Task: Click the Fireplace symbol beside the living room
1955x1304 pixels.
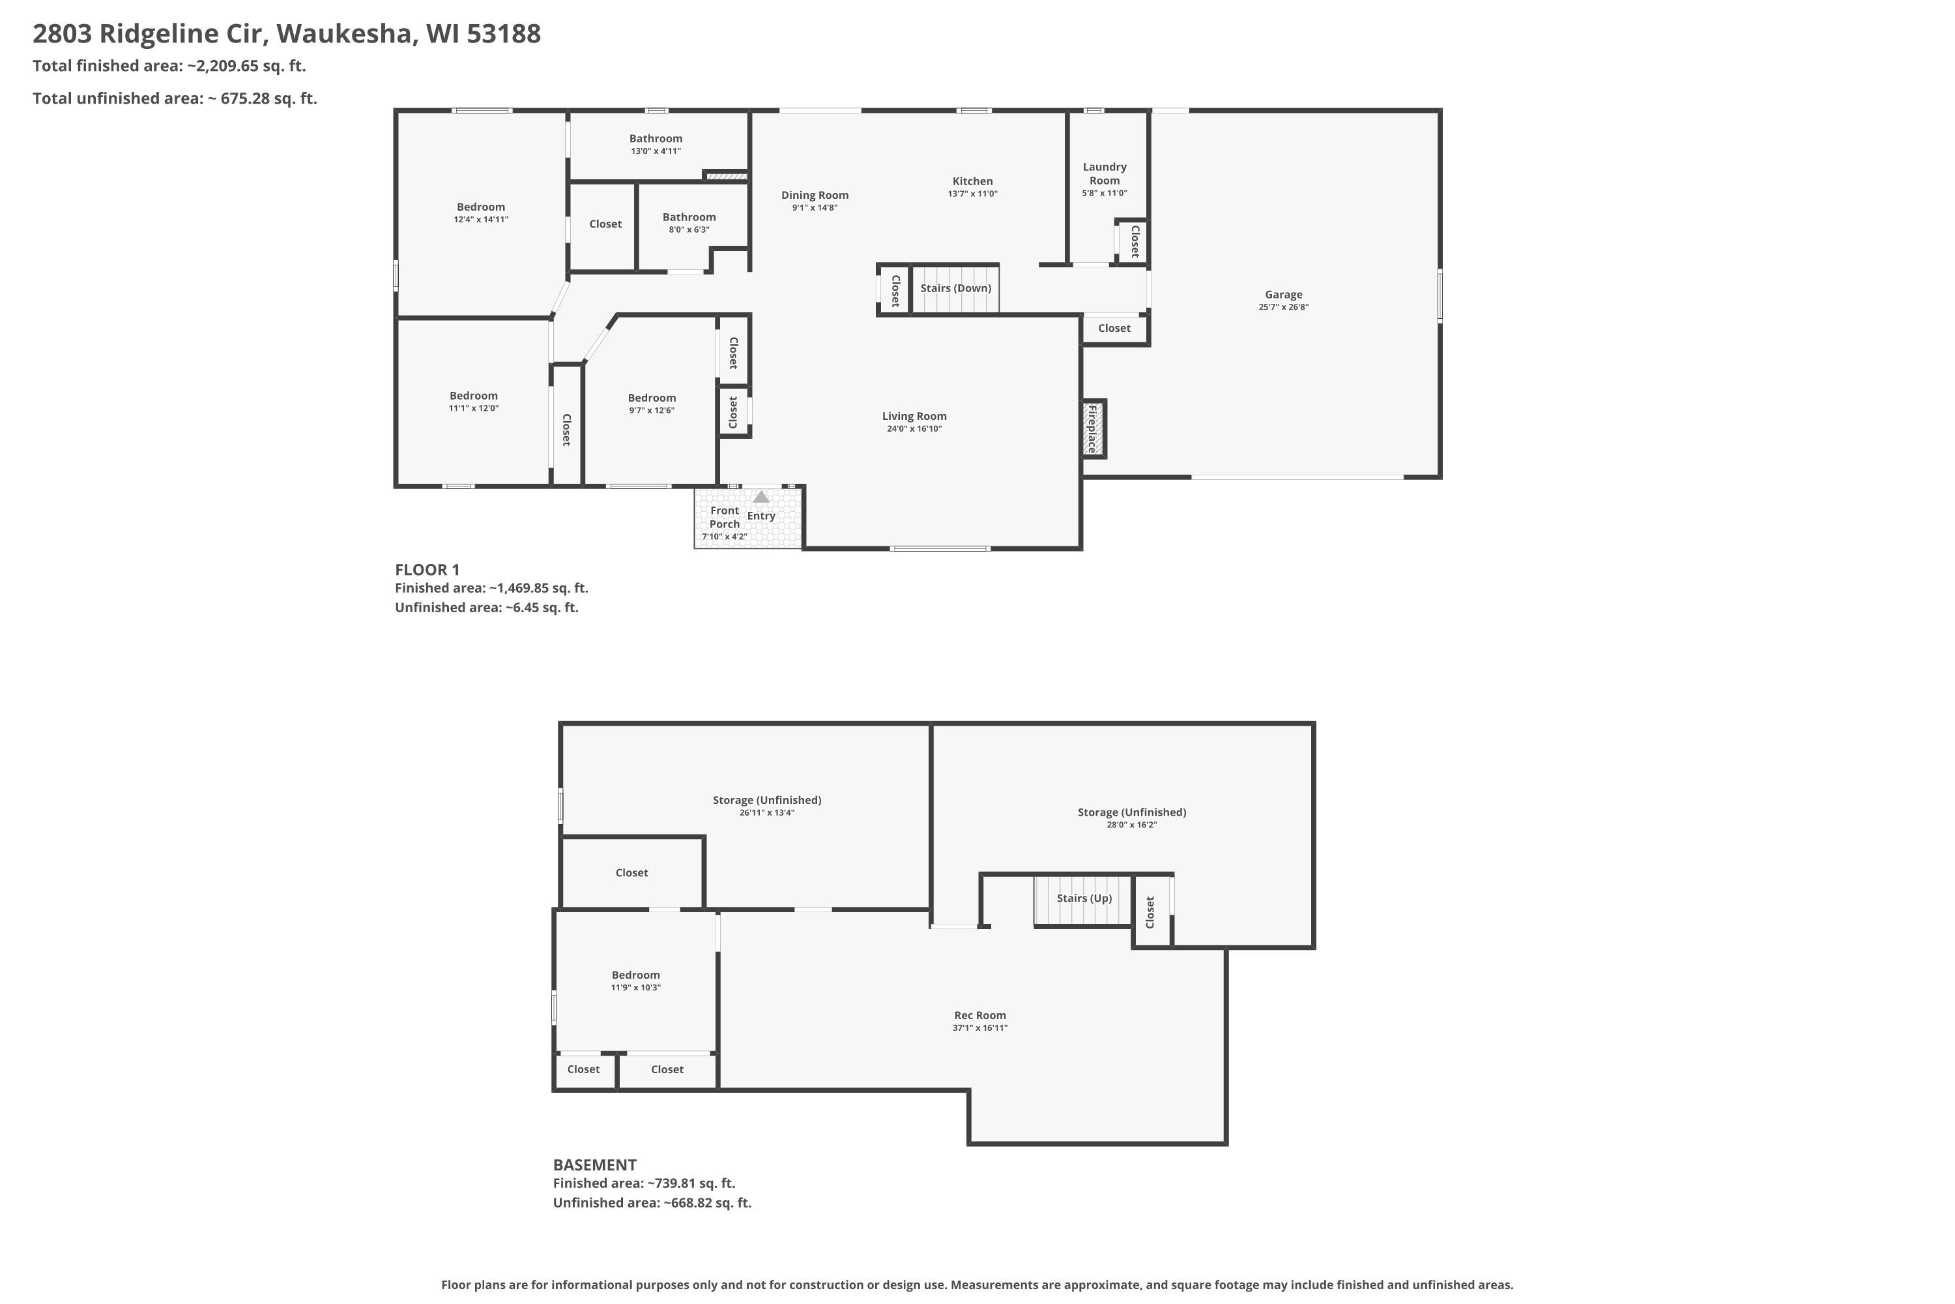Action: click(x=1094, y=428)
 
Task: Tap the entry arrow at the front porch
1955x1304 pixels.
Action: click(x=760, y=496)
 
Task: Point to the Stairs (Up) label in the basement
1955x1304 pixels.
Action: click(x=1084, y=898)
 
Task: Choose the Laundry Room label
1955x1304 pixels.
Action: click(x=1105, y=174)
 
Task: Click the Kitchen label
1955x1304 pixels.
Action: click(x=972, y=181)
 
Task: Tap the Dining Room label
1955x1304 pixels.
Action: click(x=815, y=196)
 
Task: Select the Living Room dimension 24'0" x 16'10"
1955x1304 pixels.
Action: click(x=914, y=429)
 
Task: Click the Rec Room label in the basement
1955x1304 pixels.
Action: click(x=980, y=1015)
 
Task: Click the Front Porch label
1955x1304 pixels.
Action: click(x=725, y=517)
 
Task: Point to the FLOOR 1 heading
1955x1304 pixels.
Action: click(x=427, y=570)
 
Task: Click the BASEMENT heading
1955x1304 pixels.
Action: click(x=594, y=1165)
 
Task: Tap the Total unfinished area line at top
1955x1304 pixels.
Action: click(x=175, y=98)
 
